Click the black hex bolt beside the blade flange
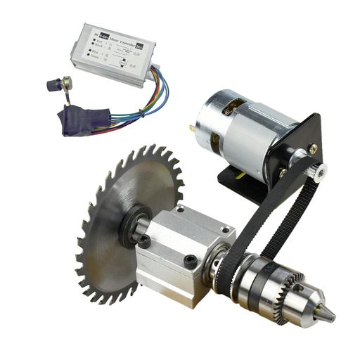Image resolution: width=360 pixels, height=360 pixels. [x=144, y=241]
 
